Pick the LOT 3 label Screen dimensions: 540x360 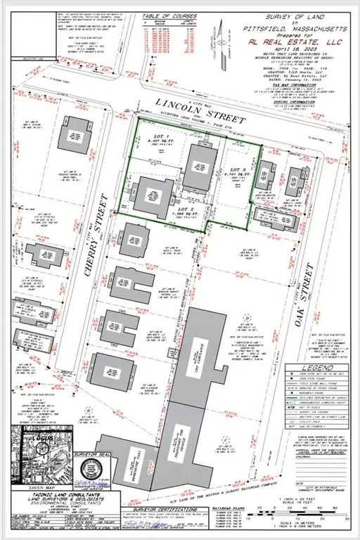click(x=240, y=171)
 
